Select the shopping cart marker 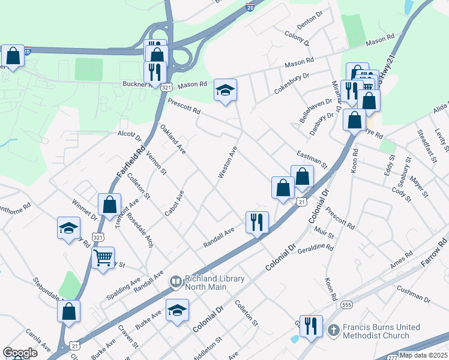pos(103,259)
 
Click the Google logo pos(20,353)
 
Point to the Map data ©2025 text pos(424,355)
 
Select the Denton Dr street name pos(310,24)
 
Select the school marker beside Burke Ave pos(176,310)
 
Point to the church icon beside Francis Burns pos(334,331)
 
